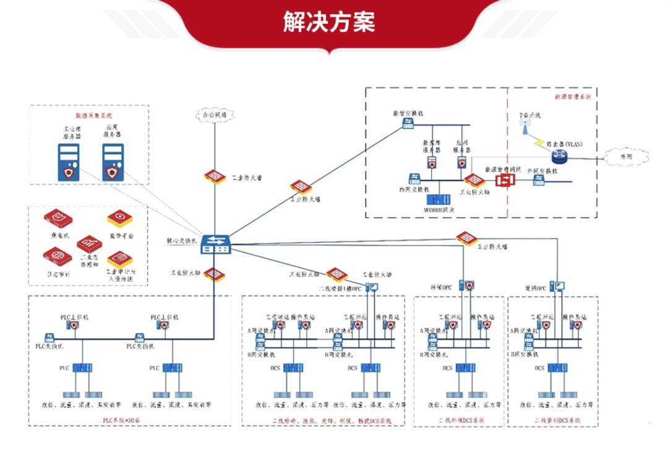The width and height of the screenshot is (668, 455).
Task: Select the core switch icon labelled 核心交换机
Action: pyautogui.click(x=216, y=244)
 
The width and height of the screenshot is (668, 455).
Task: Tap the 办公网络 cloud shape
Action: pyautogui.click(x=215, y=115)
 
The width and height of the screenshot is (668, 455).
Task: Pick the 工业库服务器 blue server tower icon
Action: pyautogui.click(x=69, y=162)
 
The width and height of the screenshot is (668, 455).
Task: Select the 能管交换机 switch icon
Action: pyautogui.click(x=408, y=124)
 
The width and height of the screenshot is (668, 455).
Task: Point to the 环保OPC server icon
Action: pyautogui.click(x=469, y=286)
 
